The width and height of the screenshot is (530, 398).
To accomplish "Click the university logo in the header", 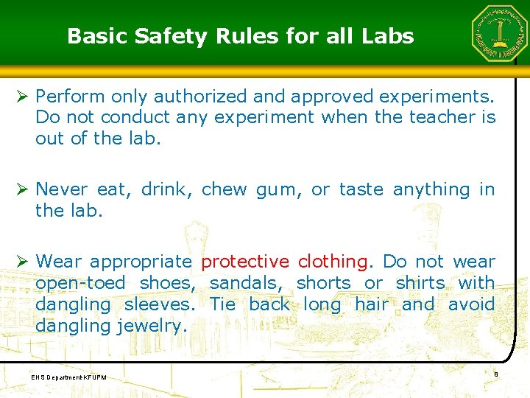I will [499, 34].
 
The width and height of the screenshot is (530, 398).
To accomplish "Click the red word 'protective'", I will [245, 262].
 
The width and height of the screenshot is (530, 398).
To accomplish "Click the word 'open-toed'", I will [79, 283].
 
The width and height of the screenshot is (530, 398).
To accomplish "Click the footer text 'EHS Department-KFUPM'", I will [69, 377].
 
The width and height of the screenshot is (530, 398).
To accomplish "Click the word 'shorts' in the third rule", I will [323, 283].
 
